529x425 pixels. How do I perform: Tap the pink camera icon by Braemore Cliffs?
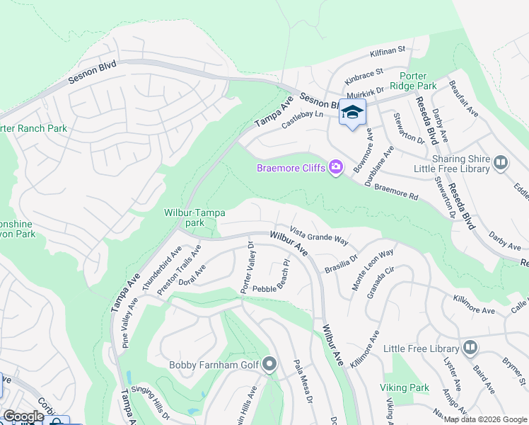coord(336,167)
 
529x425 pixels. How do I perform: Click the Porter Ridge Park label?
coord(422,81)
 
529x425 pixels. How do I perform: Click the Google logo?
coord(23,416)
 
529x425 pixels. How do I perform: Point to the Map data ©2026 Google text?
coord(484,419)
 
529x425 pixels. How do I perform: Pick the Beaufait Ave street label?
coord(464,98)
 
